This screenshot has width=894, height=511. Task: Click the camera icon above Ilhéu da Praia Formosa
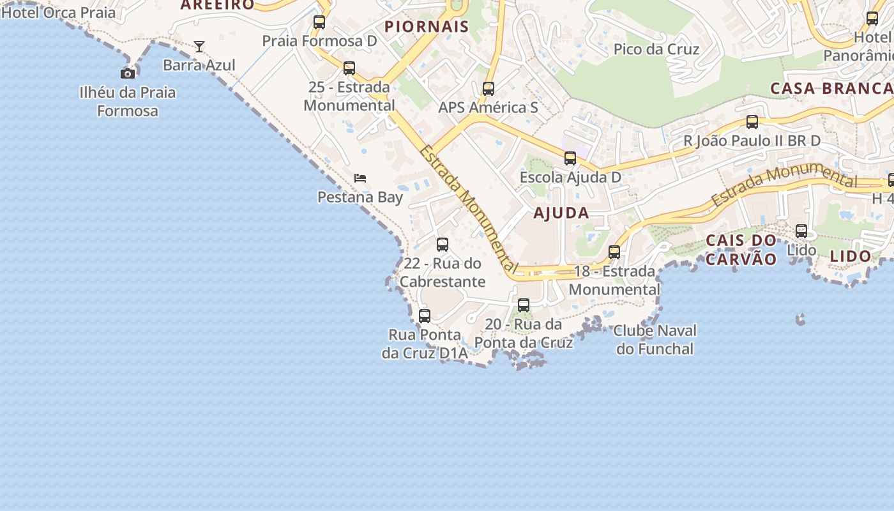click(x=128, y=73)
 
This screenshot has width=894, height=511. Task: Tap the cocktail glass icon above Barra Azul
click(x=199, y=46)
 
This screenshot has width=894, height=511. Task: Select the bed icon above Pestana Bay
click(x=360, y=178)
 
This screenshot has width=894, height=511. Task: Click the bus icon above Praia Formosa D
click(x=319, y=22)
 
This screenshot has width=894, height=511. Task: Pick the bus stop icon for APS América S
click(x=489, y=89)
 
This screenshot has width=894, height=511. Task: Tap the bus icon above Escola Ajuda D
click(x=570, y=158)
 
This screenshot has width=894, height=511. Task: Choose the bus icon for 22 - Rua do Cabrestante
click(x=443, y=245)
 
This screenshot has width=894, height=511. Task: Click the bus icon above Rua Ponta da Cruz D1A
click(x=425, y=316)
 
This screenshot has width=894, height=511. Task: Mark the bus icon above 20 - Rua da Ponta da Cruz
click(x=524, y=305)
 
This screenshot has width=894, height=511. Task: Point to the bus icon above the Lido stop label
click(x=801, y=231)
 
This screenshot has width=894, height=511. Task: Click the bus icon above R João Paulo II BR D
click(x=752, y=122)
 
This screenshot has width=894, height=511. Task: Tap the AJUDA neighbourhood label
click(x=561, y=213)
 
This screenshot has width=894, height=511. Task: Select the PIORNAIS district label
click(x=427, y=27)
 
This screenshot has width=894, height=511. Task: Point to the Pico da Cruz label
click(x=656, y=49)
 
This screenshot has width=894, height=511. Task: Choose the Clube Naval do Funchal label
click(x=655, y=340)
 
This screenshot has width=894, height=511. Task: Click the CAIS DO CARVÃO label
click(x=741, y=250)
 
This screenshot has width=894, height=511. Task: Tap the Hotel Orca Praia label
click(x=59, y=12)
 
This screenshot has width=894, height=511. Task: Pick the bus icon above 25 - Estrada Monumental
click(x=349, y=68)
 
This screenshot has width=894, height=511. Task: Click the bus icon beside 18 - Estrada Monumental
click(x=614, y=252)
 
